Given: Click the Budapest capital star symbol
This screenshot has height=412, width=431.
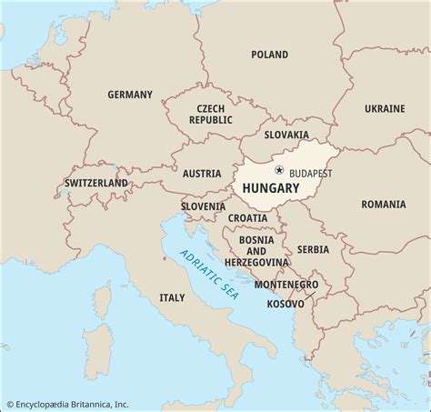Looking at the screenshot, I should click(x=279, y=170).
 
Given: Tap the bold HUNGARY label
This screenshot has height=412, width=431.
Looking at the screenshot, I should click(x=270, y=188).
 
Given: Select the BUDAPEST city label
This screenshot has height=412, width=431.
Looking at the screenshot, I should click(x=310, y=172).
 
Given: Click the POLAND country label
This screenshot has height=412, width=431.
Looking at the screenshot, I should click(x=269, y=55).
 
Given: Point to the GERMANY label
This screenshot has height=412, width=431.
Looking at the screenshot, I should click(x=130, y=95).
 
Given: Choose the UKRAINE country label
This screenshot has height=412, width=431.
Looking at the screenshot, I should click(x=385, y=108).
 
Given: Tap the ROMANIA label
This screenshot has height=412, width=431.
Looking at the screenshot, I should click(x=383, y=205).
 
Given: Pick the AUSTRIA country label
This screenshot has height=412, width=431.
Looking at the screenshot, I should click(x=201, y=173).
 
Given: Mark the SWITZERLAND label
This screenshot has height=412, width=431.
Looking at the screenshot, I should click(x=95, y=183).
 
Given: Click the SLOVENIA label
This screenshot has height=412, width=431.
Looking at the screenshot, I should click(x=202, y=206).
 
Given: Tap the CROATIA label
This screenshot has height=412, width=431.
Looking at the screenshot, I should click(x=247, y=218).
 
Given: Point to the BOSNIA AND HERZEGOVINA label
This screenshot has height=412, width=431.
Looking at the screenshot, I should click(x=256, y=250).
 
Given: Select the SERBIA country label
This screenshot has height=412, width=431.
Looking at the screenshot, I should click(x=314, y=248).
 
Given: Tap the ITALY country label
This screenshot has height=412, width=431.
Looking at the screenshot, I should click(x=171, y=297).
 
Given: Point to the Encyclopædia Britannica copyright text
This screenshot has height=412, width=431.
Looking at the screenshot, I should click(x=67, y=404).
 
